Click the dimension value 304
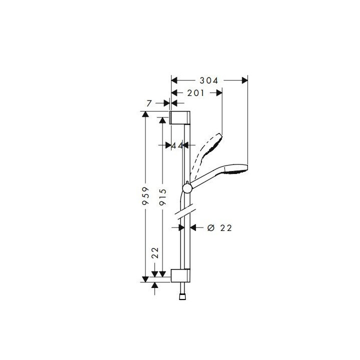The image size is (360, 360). pos(209,80)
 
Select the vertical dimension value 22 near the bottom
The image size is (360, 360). pos(155,253)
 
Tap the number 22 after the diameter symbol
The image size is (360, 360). pos(226,227)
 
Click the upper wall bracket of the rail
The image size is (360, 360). pos(180,117)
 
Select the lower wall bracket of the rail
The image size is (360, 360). pos(180,275)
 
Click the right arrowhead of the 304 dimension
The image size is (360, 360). pos(245,80)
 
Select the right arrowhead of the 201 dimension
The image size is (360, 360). pos(218,92)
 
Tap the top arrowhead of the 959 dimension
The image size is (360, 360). pos(145,114)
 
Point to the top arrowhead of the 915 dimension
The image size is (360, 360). pos(162,119)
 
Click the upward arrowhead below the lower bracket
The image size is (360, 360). pos(155,285)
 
